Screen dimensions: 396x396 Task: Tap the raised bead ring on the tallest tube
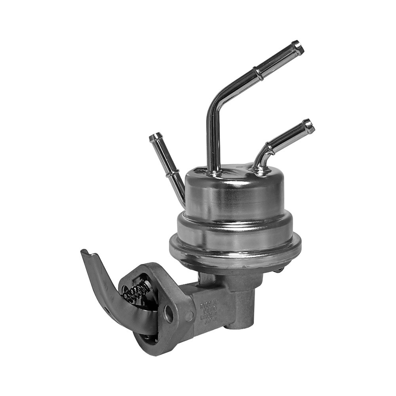[x=259, y=73]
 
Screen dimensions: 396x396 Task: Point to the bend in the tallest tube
[x=216, y=104]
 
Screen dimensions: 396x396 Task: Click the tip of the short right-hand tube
[x=309, y=126]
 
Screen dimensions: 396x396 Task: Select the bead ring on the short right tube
[x=271, y=148]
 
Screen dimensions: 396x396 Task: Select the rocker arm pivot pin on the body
[x=189, y=316]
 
